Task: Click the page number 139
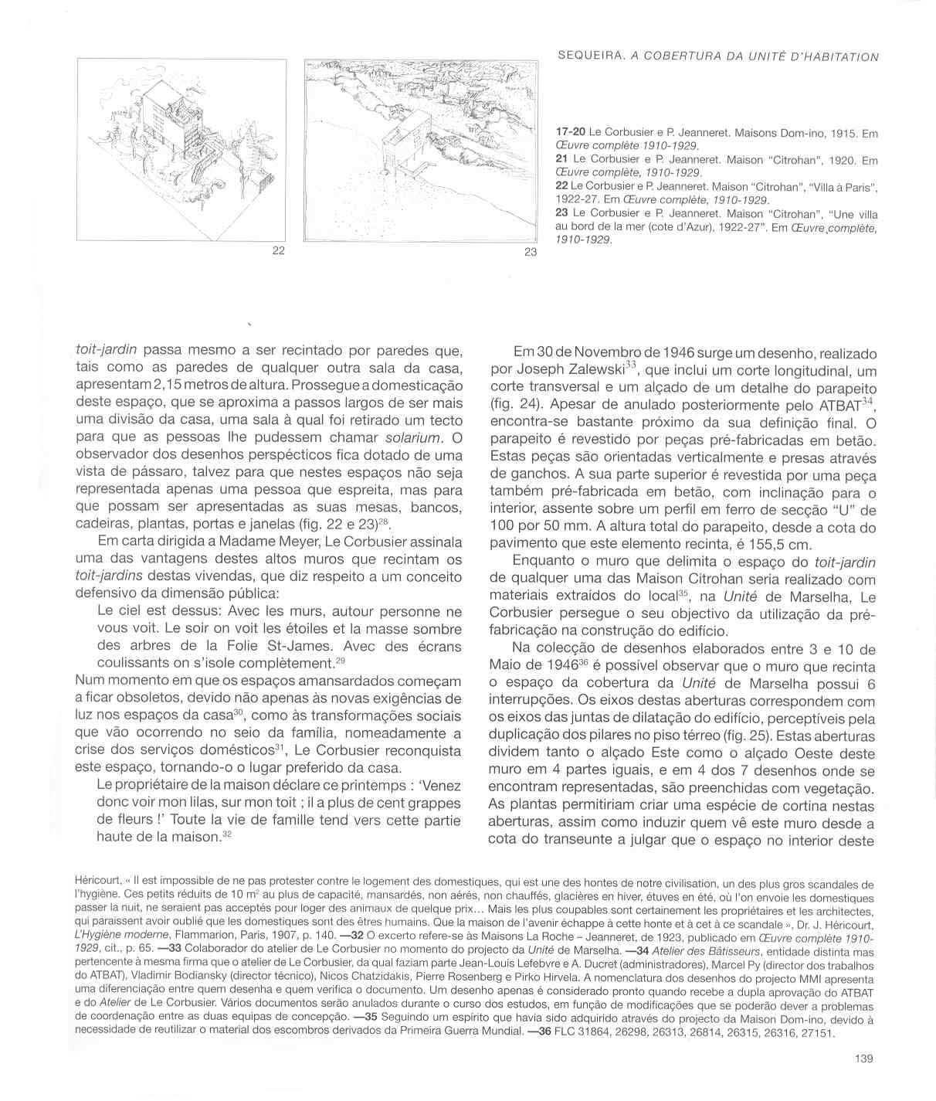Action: (864, 1059)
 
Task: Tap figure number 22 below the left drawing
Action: (279, 250)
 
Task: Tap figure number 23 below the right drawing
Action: (530, 252)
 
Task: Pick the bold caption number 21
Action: (562, 160)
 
